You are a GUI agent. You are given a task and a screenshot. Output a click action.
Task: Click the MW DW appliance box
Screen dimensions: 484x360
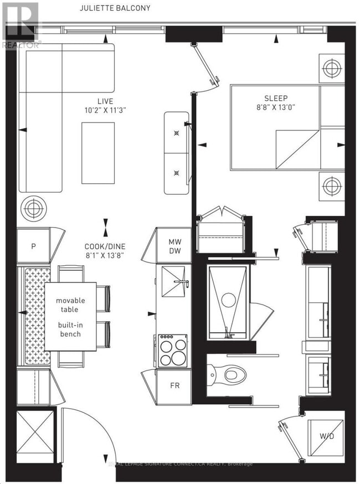click(x=175, y=246)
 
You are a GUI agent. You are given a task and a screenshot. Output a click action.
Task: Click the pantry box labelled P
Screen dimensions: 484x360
click(x=34, y=246)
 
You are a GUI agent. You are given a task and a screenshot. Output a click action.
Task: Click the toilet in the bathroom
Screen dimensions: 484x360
click(x=228, y=375)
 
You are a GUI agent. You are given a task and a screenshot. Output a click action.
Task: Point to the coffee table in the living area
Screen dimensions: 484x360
click(x=98, y=152)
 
